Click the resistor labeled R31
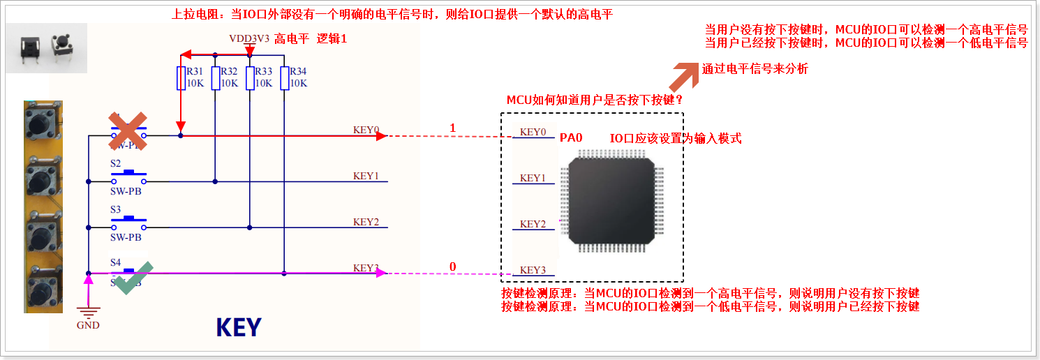[x=181, y=78]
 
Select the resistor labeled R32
[x=215, y=78]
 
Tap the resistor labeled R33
[x=249, y=78]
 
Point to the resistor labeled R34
[x=284, y=78]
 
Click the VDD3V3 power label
[x=248, y=38]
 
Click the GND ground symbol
[x=88, y=313]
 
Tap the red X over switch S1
[x=126, y=131]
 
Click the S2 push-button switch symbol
[x=129, y=174]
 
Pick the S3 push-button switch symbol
[x=129, y=222]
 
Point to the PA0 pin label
[x=571, y=138]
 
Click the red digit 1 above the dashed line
[x=452, y=128]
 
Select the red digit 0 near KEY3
[x=452, y=267]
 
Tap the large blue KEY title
[x=239, y=327]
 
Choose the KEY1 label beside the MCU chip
[x=533, y=178]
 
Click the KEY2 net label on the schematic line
[x=366, y=222]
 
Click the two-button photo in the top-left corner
[x=46, y=48]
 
